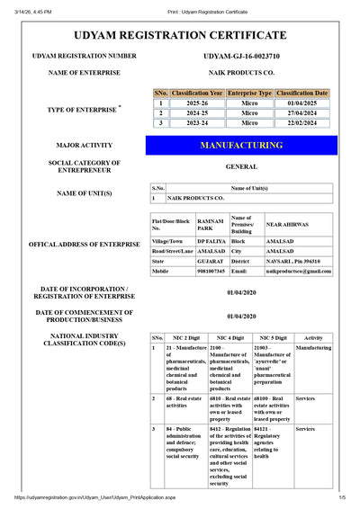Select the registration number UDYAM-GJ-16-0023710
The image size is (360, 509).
[x=242, y=56]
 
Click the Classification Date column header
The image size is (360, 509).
[x=302, y=93]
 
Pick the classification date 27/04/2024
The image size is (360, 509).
[x=302, y=113]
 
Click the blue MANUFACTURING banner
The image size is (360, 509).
[x=241, y=145]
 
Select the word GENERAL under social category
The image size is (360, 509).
[x=241, y=166]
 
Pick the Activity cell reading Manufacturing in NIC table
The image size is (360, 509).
[x=313, y=347]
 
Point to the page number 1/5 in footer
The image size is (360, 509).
[x=342, y=497]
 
